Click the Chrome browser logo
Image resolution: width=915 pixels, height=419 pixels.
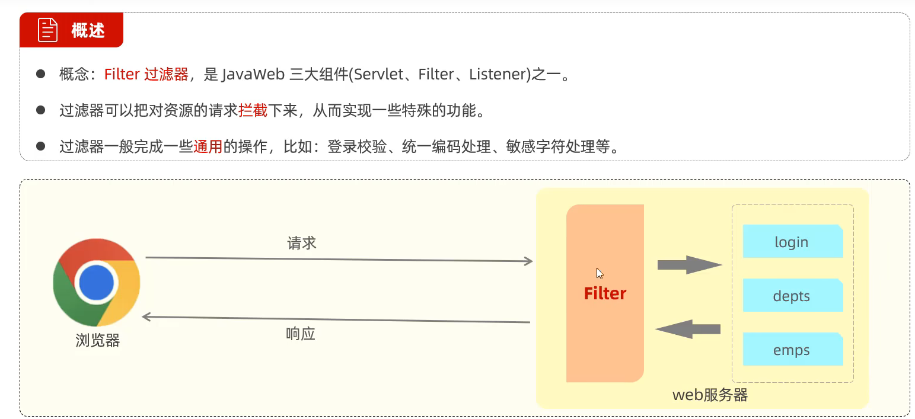pos(97,282)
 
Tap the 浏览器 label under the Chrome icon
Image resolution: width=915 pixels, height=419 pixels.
pos(98,341)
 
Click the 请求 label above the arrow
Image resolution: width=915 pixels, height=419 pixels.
pos(302,243)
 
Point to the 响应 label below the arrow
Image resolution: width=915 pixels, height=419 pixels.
pos(301,334)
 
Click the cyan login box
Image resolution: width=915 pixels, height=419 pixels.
pos(792,242)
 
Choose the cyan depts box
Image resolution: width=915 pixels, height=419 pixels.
pos(792,296)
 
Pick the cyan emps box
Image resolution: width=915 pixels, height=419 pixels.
pos(792,350)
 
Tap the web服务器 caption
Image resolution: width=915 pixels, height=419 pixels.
pos(710,395)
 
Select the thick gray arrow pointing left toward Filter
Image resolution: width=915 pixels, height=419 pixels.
pos(688,329)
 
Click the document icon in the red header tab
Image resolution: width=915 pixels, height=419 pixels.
pos(48,30)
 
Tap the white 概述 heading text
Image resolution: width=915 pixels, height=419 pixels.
pos(88,31)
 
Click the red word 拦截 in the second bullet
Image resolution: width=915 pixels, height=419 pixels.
pos(253,110)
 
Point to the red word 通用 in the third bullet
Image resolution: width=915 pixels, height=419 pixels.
pos(208,146)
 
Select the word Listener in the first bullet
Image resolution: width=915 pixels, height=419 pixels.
pos(497,75)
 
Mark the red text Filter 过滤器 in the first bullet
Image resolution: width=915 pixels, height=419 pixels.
pos(146,75)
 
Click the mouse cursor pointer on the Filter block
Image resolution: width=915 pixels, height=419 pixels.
pos(600,273)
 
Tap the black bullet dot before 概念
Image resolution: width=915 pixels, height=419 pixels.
pos(41,74)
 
